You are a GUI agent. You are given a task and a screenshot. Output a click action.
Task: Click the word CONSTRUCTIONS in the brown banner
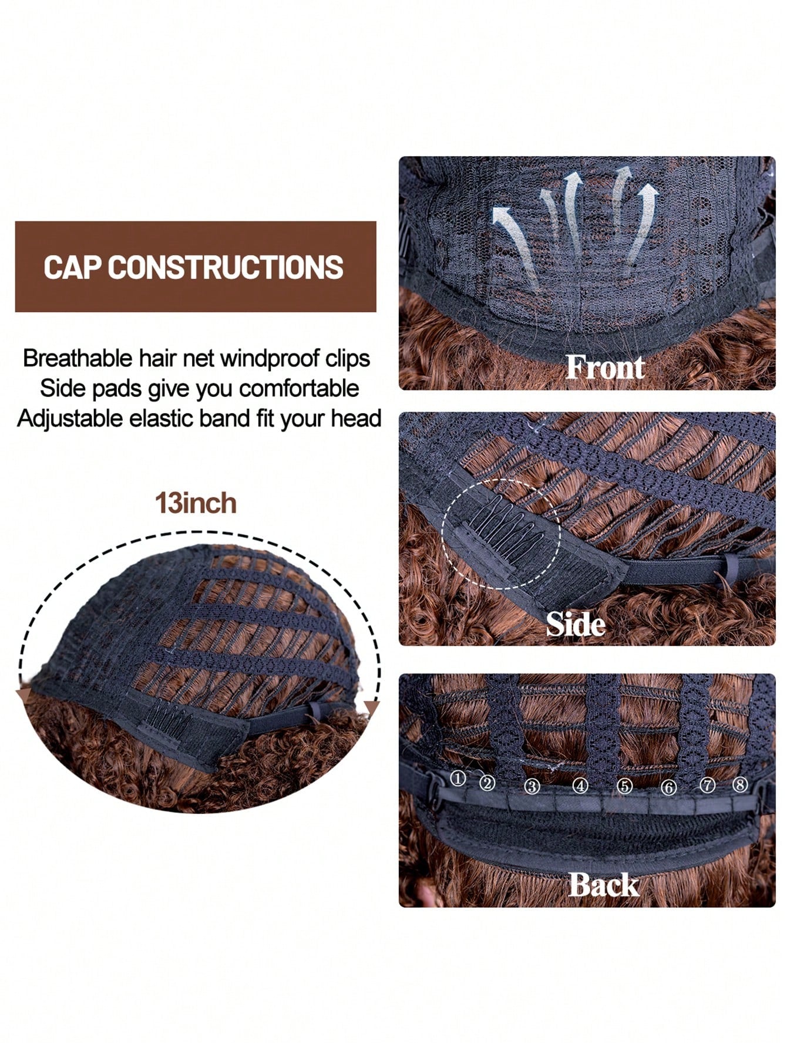pos(226,267)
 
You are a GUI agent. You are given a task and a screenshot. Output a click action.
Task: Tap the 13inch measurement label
pos(196,504)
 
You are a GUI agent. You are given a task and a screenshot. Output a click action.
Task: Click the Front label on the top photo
pos(605,368)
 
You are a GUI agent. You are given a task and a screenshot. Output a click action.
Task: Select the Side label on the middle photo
pos(576,624)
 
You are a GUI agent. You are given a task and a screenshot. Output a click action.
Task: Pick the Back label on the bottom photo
pos(604,885)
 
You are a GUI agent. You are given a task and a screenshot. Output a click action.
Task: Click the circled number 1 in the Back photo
pos(458,779)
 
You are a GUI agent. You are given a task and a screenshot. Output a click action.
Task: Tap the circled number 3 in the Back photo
pos(532,786)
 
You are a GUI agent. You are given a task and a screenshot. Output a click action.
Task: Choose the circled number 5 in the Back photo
pos(624,786)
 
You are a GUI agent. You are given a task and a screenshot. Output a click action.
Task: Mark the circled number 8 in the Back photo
pos(740,784)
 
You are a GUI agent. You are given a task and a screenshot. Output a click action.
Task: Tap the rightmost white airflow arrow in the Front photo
pos(641,223)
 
